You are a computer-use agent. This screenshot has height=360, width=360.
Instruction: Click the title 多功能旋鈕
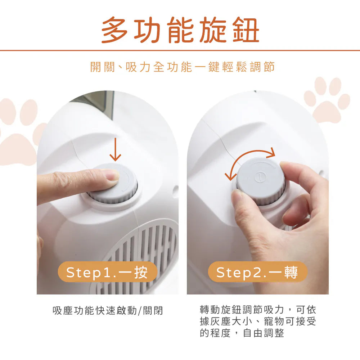click(180, 30)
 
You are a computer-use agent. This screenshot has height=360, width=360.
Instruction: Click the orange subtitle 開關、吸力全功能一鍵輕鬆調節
click(182, 67)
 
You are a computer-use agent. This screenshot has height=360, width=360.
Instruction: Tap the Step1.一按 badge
click(107, 272)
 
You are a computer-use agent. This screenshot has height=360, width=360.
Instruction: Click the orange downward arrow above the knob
click(115, 149)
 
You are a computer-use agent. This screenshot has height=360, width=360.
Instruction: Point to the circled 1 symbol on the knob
click(260, 176)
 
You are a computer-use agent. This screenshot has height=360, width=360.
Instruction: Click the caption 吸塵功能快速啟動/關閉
click(108, 311)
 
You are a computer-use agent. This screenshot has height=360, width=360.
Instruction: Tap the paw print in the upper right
click(327, 99)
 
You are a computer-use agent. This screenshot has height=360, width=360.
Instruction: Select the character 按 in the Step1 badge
click(141, 272)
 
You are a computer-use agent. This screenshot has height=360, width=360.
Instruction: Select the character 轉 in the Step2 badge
click(291, 272)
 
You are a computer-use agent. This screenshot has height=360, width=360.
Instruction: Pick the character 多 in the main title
click(114, 30)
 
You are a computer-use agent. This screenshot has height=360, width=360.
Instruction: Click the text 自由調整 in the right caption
click(264, 333)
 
